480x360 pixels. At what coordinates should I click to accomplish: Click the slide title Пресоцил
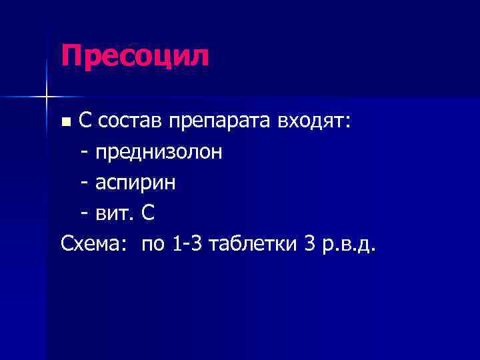coord(135,56)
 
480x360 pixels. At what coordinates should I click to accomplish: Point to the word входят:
coord(315,121)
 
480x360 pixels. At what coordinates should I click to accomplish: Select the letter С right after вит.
coord(148,213)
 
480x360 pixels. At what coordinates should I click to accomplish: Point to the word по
coord(153,245)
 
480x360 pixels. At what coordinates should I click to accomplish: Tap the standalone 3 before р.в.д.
coord(308,244)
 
